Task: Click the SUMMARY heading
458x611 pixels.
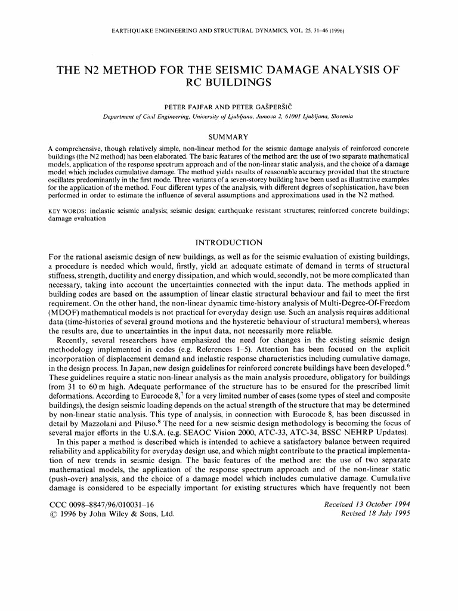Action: [x=229, y=137]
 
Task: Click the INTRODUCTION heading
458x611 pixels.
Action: [x=229, y=242]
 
